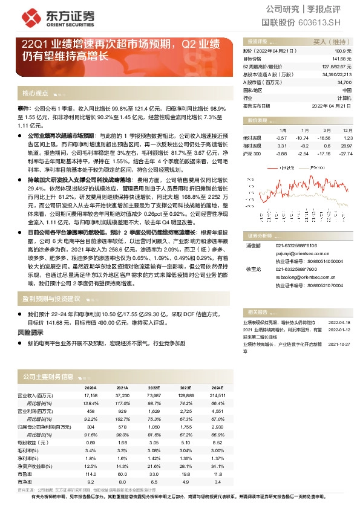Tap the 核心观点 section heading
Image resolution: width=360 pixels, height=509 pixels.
pyautogui.click(x=35, y=93)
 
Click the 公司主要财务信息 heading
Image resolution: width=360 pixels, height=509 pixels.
pyautogui.click(x=48, y=377)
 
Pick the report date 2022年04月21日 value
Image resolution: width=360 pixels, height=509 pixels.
pyautogui.click(x=332, y=105)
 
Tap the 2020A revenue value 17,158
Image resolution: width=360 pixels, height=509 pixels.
pyautogui.click(x=90, y=394)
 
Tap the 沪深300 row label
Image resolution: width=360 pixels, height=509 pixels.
pyautogui.click(x=252, y=154)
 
